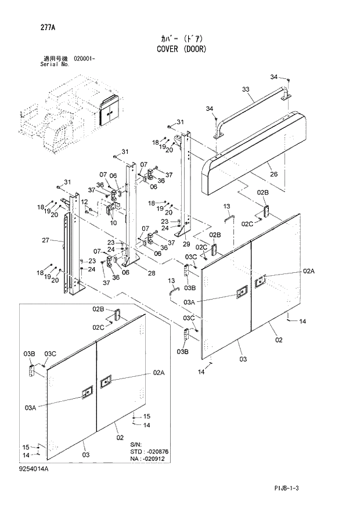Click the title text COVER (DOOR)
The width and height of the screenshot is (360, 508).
coord(181,49)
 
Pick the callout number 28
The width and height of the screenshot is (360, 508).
coord(152,273)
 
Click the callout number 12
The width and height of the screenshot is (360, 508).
coord(85,201)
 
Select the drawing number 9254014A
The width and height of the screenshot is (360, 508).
coord(33,468)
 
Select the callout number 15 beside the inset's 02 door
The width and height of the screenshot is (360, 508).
coord(146,416)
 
